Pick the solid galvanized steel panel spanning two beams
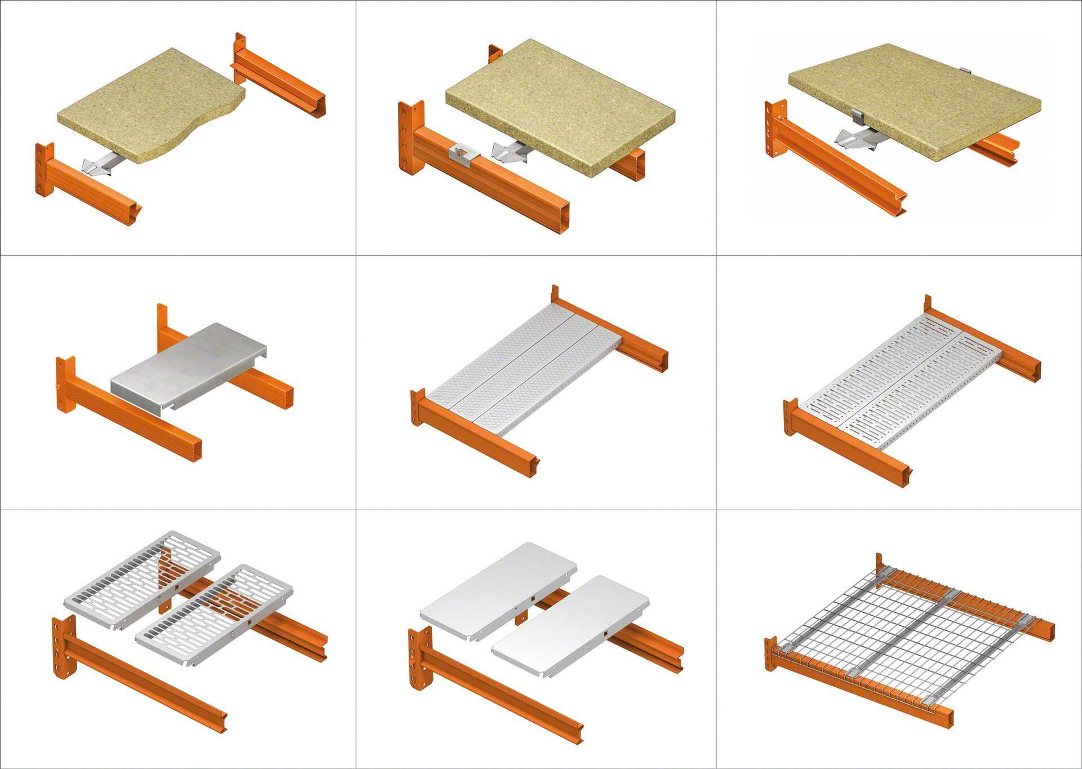189,366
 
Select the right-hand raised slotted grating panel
214,615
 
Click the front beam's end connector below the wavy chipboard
44,169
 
